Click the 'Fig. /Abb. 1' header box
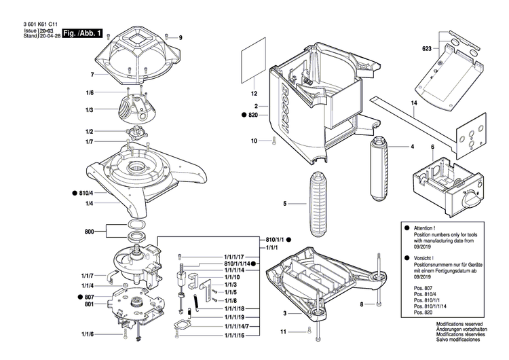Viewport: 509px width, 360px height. pos(82,33)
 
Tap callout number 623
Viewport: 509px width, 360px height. pos(426,49)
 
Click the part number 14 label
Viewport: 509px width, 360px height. pos(413,103)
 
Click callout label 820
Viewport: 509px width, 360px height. pos(252,117)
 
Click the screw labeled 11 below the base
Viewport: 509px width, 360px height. pos(309,331)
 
